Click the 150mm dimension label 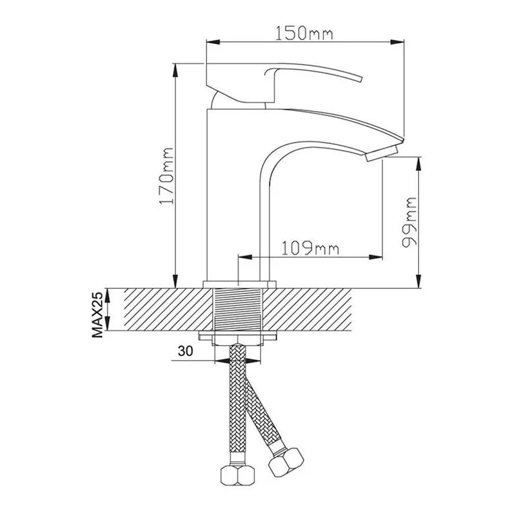click(x=304, y=34)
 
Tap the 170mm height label click(x=166, y=176)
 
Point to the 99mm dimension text click(x=409, y=222)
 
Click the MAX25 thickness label click(x=97, y=314)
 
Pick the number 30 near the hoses click(x=185, y=351)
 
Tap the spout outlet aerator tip click(x=382, y=154)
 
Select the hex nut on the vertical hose click(x=237, y=475)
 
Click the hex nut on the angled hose click(x=286, y=462)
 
